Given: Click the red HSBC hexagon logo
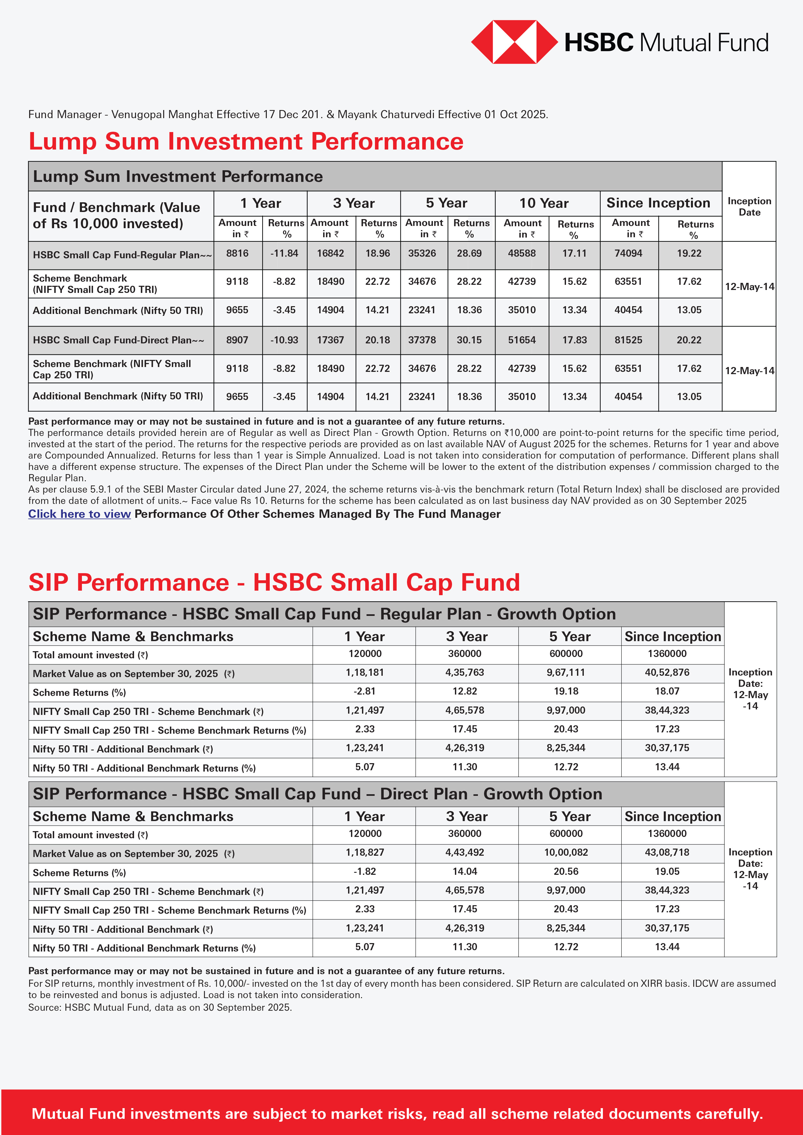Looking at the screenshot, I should (514, 42).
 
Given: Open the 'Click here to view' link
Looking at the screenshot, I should (79, 514).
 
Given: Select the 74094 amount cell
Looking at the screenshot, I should (628, 254).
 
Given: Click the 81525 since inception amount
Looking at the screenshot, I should (628, 340).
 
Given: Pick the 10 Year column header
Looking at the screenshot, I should (544, 203).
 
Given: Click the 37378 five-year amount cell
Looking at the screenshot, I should (422, 340).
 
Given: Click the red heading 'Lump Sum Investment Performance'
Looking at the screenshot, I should (246, 141).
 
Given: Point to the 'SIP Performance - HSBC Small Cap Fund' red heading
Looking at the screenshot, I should (274, 582).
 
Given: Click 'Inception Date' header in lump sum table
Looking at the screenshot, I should (749, 206).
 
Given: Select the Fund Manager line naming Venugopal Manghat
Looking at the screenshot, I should (288, 115).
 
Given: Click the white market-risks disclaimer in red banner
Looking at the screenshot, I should (397, 1113).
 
